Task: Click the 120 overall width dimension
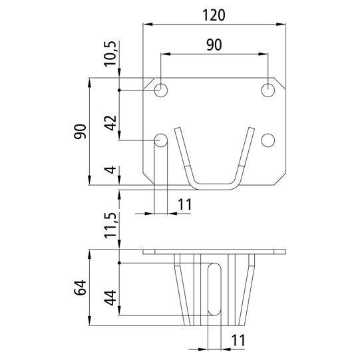click(x=215, y=14)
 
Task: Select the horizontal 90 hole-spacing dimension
click(x=214, y=45)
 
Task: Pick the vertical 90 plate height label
click(x=80, y=131)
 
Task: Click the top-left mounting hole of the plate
click(x=161, y=90)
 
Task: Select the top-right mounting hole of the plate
click(x=268, y=90)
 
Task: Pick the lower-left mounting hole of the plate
click(x=161, y=140)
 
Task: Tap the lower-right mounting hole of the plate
click(x=268, y=140)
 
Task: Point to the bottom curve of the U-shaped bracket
click(x=213, y=184)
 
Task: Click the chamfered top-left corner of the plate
click(x=149, y=85)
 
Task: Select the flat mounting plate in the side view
click(x=214, y=252)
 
